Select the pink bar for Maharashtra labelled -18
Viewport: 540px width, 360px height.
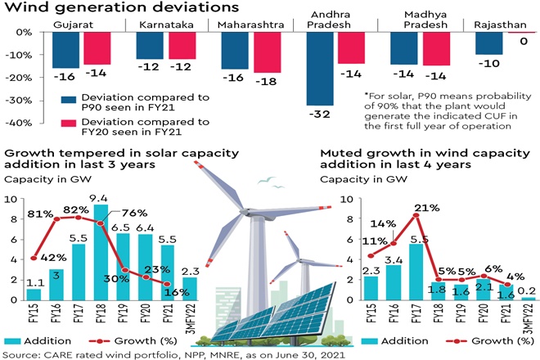[267, 52]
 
